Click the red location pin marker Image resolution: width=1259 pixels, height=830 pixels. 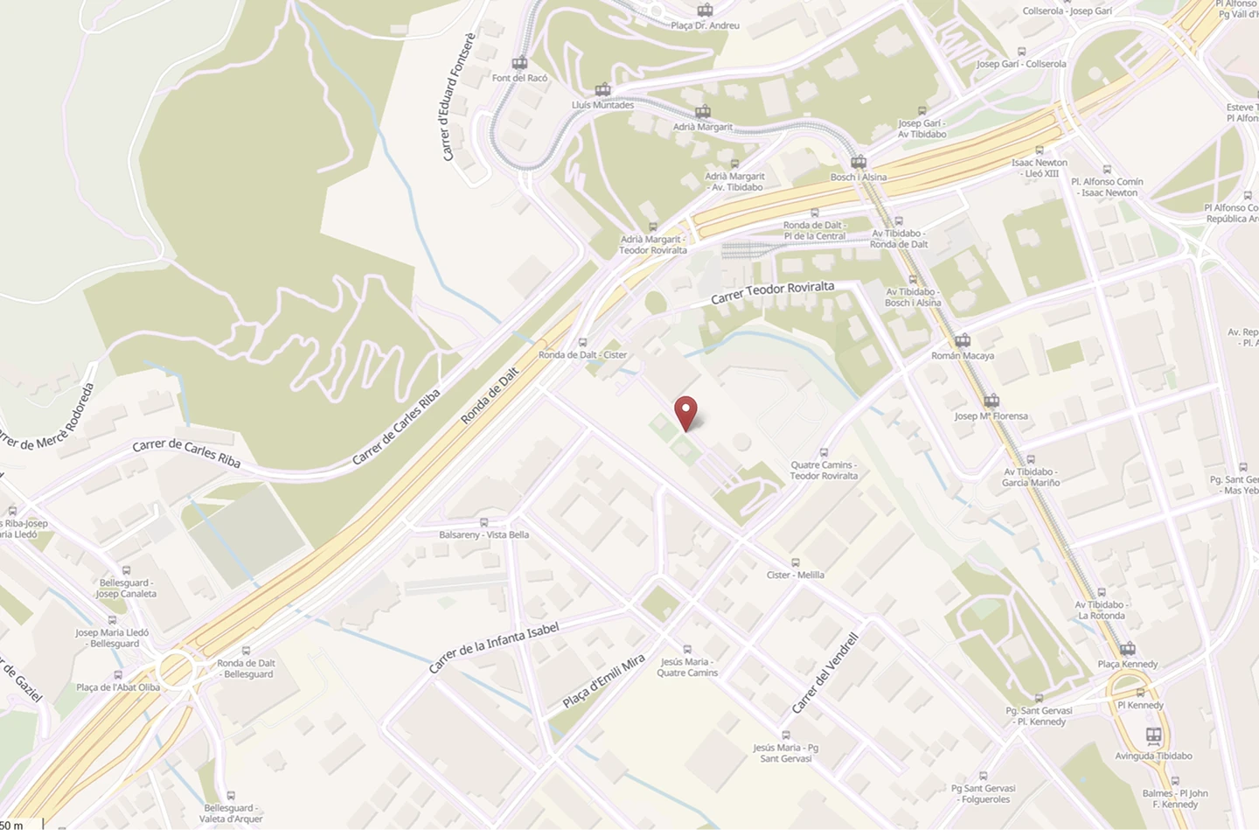686,412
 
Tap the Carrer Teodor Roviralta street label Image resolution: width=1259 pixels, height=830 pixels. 772,292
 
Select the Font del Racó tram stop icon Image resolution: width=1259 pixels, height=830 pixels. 519,63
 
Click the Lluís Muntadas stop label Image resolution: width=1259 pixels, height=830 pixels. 602,105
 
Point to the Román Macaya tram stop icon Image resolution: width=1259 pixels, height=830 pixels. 963,341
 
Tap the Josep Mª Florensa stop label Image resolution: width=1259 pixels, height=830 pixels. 991,416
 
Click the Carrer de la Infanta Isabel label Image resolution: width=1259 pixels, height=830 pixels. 494,647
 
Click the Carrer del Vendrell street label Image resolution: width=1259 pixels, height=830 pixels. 825,673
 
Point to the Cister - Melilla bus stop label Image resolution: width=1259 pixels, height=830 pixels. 795,575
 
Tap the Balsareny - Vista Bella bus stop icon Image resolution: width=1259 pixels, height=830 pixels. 483,522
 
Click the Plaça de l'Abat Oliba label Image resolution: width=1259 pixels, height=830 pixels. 118,687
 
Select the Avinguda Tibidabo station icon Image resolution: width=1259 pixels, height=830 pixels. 1153,736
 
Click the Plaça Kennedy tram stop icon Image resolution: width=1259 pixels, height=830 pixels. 1128,649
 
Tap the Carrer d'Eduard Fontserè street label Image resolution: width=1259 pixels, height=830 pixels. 457,98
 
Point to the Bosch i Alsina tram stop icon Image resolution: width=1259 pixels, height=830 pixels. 859,162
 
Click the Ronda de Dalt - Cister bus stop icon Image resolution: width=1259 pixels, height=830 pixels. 582,343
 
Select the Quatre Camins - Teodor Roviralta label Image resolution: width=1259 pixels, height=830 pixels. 824,471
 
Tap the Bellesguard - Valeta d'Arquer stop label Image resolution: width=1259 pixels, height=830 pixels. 230,813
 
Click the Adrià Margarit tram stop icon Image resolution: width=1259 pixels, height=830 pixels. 703,112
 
